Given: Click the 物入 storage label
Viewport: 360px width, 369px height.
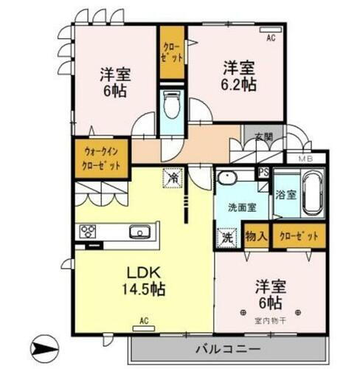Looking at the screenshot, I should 255,236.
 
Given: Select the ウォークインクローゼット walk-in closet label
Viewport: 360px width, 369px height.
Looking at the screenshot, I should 101,156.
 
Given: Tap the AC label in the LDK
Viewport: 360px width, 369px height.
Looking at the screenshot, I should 145,321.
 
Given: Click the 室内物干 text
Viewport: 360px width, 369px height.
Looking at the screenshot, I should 271,319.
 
